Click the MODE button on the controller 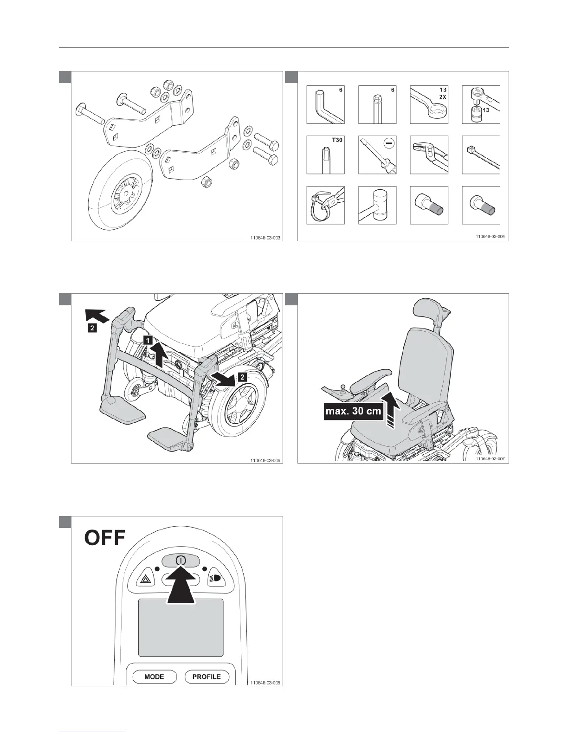click(154, 677)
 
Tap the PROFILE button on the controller click(207, 677)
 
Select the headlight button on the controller click(216, 578)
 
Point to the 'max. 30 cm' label click(353, 411)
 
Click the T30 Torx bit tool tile click(325, 155)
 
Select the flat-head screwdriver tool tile click(377, 155)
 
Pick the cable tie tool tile click(481, 155)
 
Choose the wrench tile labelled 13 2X click(429, 104)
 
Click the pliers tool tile click(429, 155)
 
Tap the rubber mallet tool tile click(377, 206)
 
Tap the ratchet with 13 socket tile click(481, 104)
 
